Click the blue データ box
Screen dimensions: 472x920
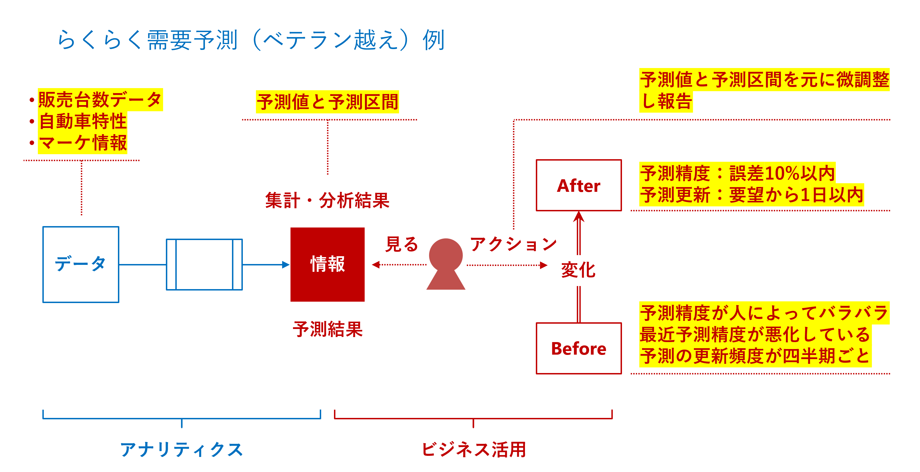click(81, 264)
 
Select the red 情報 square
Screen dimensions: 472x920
click(328, 264)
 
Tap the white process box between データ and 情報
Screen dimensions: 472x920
click(204, 264)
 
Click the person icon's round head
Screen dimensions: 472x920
click(446, 255)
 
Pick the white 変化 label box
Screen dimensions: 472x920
click(578, 270)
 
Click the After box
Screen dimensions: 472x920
click(578, 185)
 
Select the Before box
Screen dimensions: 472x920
click(578, 348)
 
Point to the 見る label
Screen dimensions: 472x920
click(402, 245)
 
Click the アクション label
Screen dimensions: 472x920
click(513, 245)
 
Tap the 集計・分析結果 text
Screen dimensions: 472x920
click(327, 200)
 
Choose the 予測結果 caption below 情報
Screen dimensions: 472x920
click(328, 329)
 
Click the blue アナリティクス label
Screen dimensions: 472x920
click(182, 449)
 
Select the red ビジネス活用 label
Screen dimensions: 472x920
click(474, 449)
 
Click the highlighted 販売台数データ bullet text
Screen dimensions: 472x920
click(100, 100)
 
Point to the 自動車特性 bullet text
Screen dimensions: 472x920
click(83, 121)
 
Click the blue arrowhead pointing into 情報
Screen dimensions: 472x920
click(285, 265)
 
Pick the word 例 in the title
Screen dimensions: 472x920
click(433, 40)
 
